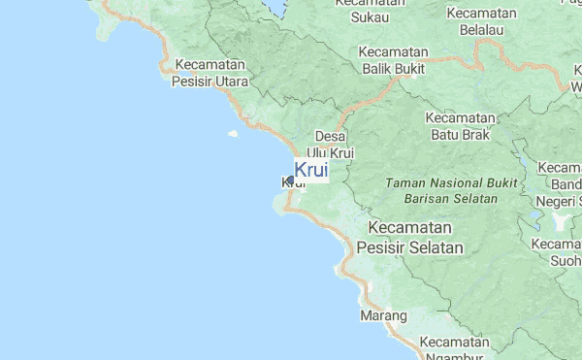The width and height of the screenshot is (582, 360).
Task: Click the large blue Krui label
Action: pos(310,170)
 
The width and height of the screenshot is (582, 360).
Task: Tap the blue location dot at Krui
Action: pos(289,180)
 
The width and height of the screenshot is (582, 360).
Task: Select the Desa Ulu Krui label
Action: pos(331,145)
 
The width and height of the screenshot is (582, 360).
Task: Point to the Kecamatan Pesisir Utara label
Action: pos(210,74)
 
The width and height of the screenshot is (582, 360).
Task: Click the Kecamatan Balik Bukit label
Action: pos(394,60)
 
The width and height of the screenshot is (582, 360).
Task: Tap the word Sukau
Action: pos(370,16)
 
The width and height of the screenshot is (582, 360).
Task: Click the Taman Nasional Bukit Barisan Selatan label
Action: pos(441,190)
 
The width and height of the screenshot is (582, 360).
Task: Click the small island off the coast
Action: pos(233,135)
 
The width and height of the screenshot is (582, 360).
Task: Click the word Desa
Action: pos(331,137)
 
